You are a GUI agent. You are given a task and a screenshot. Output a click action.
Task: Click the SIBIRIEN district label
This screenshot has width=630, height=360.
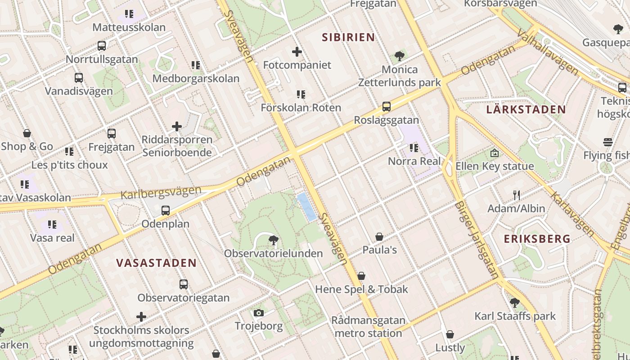coord(348,37)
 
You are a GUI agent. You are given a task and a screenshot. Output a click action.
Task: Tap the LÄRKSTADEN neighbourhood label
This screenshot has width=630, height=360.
coord(526,109)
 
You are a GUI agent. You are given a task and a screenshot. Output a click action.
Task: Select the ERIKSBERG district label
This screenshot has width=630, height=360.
coord(537,238)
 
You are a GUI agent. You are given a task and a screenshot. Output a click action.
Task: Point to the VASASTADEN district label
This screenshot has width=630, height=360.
coord(156,263)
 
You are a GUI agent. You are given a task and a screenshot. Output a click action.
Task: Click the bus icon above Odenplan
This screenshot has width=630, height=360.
coord(166,210)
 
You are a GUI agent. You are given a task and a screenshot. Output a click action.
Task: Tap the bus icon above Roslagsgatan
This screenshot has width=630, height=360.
coord(386,107)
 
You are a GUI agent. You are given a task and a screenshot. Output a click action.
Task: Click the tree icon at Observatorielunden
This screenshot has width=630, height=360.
coord(273,240)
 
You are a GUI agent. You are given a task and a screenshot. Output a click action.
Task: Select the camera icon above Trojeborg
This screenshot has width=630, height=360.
coord(258,313)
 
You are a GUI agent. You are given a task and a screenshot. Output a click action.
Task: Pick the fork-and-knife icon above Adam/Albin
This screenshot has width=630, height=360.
coord(517,195)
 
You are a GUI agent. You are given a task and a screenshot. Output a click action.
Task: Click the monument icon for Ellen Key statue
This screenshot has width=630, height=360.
coord(495,153)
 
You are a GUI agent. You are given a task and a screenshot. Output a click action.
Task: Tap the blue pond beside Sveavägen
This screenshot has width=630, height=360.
coord(307,207)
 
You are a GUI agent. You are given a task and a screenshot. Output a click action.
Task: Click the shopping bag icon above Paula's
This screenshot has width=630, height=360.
coord(379,237)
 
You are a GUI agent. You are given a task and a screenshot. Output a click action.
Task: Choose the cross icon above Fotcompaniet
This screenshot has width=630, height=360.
coord(297,52)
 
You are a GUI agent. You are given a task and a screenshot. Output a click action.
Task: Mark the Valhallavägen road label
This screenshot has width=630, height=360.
coord(548,52)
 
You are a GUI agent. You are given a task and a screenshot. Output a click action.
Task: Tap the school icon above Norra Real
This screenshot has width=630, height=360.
coord(414,148)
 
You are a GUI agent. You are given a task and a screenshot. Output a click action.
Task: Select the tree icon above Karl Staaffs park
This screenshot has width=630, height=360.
coord(515,303)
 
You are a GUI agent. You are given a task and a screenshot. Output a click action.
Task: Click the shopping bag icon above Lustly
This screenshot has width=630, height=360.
coord(450,334)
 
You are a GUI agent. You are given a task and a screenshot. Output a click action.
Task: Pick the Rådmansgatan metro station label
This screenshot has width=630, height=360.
coord(368,327)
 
